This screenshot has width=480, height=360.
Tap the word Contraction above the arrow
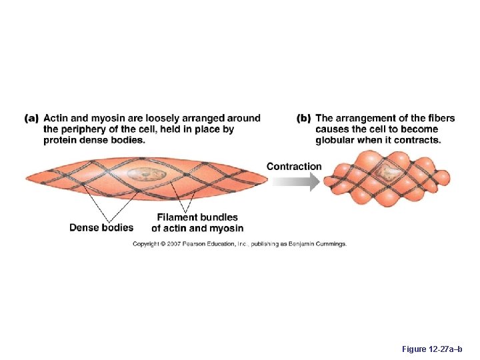pos(294,167)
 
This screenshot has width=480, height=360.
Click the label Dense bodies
pos(101,227)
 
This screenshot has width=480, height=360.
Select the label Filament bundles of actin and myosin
pos(197,223)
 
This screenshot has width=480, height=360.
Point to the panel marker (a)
pos(31,119)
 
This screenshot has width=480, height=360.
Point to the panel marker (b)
pos(303,119)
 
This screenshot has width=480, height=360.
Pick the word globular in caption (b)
pos(338,140)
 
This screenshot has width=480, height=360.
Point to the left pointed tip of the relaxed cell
pos(27,177)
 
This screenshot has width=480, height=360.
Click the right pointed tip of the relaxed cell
pos(267,177)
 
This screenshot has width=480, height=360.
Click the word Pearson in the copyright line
pos(197,244)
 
